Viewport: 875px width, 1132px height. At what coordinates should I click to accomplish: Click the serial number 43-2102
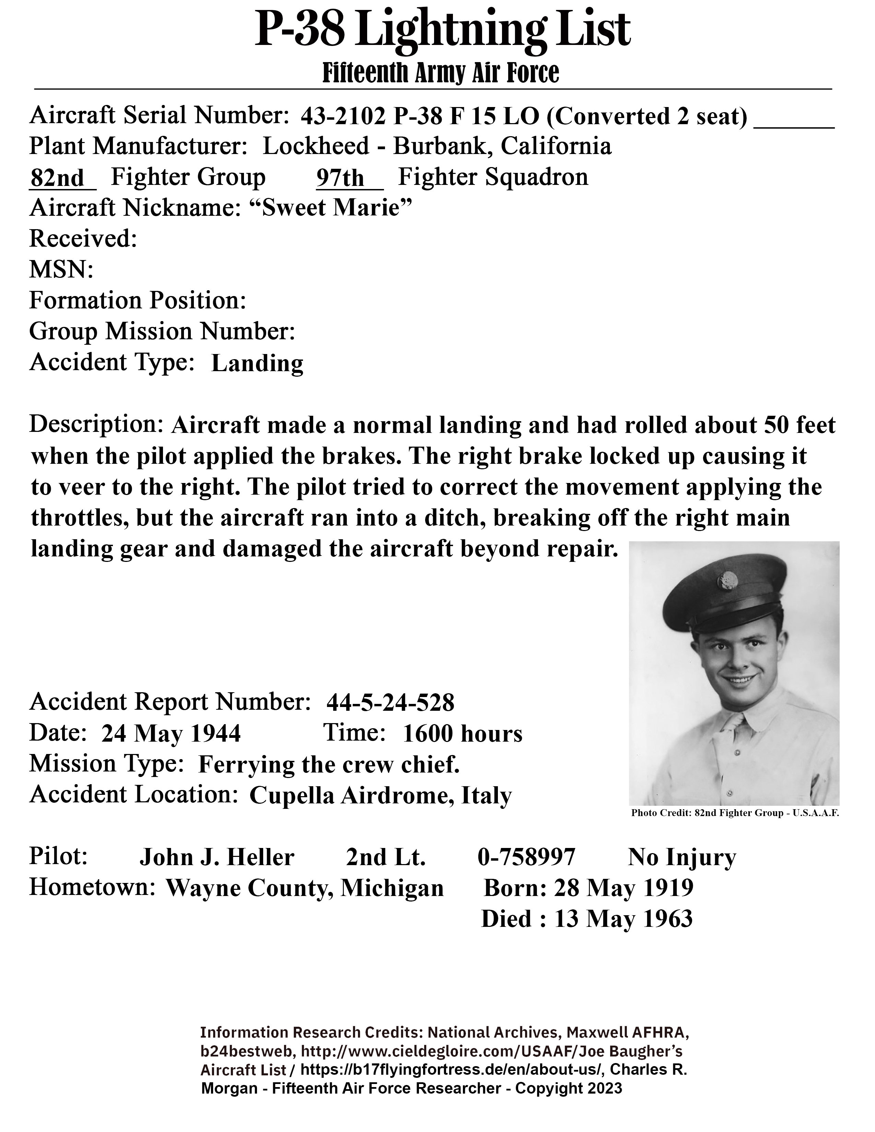343,117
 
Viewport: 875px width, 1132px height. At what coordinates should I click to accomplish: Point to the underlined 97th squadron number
341,178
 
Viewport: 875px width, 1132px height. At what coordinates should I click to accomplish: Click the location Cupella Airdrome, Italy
381,795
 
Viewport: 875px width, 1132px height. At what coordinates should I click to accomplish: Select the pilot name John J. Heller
217,857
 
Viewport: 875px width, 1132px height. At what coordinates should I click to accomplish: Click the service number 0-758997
526,857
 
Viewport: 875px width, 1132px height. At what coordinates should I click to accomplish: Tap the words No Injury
682,857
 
